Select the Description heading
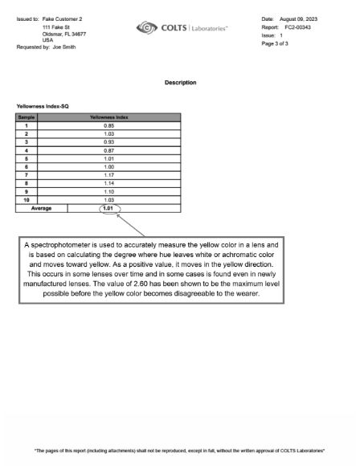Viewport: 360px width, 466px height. [180, 83]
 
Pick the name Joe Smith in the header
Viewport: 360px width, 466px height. [64, 47]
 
